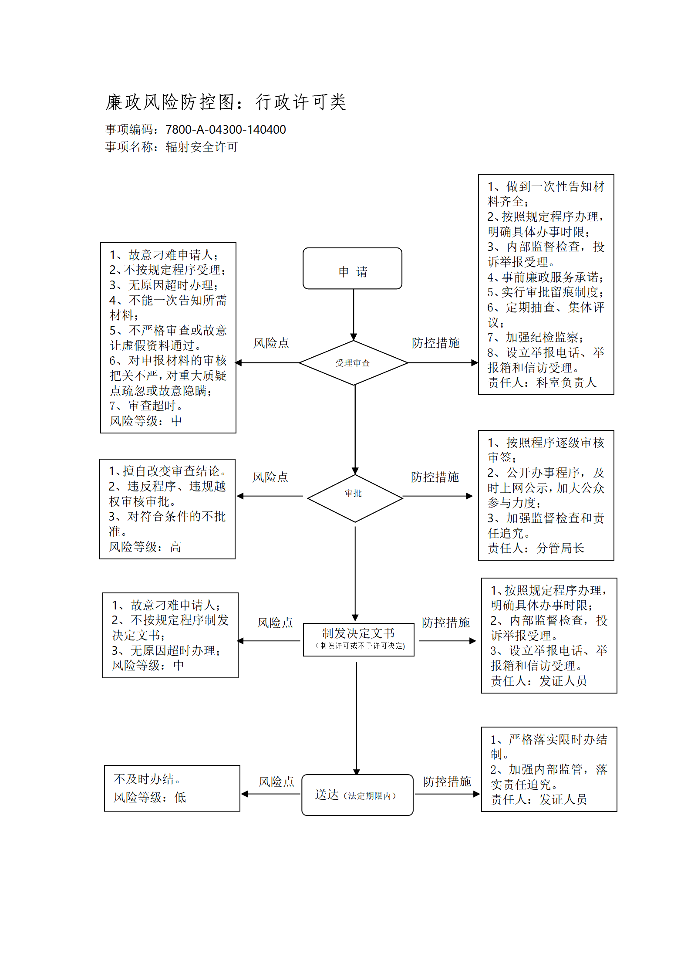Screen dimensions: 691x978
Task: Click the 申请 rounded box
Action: pyautogui.click(x=352, y=268)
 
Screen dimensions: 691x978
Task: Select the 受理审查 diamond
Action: pyautogui.click(x=354, y=363)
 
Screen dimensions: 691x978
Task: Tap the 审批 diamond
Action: pyautogui.click(x=355, y=498)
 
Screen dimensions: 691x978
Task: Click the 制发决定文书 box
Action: pyautogui.click(x=358, y=640)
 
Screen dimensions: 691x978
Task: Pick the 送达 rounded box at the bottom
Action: pyautogui.click(x=357, y=795)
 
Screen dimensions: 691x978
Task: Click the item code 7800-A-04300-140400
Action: pyautogui.click(x=226, y=130)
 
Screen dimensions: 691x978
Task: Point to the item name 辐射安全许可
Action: pyautogui.click(x=202, y=147)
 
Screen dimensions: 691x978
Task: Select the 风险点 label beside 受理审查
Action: pyautogui.click(x=271, y=343)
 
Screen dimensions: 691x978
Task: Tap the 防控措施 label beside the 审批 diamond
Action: pyautogui.click(x=435, y=477)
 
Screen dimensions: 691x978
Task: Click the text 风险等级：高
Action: pyautogui.click(x=145, y=547)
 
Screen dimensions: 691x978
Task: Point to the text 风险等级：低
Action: pyautogui.click(x=150, y=798)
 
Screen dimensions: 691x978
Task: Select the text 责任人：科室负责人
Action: pyautogui.click(x=542, y=383)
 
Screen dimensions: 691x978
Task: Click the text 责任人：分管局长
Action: pyautogui.click(x=536, y=548)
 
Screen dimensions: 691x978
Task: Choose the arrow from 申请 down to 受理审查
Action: pyautogui.click(x=354, y=315)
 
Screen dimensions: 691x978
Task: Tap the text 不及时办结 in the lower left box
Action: pyautogui.click(x=147, y=779)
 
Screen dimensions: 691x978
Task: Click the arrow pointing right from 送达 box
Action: pyautogui.click(x=447, y=794)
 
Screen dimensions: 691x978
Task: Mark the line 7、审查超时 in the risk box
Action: pyautogui.click(x=146, y=406)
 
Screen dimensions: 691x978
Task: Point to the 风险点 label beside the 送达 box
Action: pyautogui.click(x=276, y=782)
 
